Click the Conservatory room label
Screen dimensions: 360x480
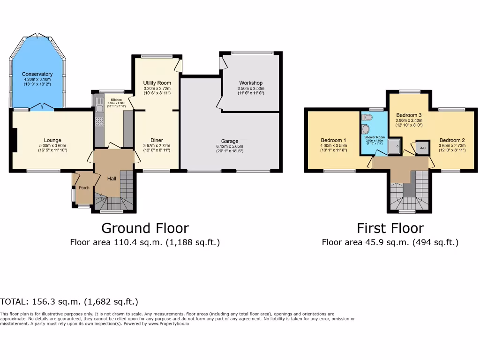(x=37, y=74)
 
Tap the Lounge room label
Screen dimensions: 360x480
(x=52, y=140)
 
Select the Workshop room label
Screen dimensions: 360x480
(x=251, y=83)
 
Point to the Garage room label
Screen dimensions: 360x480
(x=230, y=141)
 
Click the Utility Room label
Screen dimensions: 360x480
(x=157, y=83)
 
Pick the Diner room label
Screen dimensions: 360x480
(x=157, y=140)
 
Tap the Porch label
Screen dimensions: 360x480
(x=84, y=188)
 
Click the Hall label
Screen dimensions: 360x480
(x=112, y=179)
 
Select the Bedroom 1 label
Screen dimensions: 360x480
(x=333, y=140)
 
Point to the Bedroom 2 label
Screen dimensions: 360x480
(x=452, y=140)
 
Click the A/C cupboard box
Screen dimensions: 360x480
(x=422, y=148)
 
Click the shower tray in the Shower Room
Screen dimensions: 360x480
(x=395, y=146)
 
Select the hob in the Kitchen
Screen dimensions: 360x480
(x=99, y=121)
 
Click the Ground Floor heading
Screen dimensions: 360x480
(x=145, y=228)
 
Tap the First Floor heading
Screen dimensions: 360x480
(x=390, y=228)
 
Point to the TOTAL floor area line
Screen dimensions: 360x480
(x=69, y=302)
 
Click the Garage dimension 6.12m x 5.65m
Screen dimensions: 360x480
(x=230, y=146)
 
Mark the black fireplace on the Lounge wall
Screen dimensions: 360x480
(x=15, y=140)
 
